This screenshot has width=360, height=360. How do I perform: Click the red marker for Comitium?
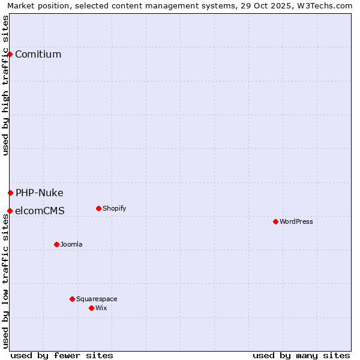[x=10, y=55]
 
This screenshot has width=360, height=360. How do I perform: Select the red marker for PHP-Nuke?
[x=10, y=193]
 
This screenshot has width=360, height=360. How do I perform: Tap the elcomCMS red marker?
[x=10, y=211]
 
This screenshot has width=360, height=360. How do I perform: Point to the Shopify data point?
[x=98, y=209]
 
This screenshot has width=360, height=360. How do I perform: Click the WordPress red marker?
[x=275, y=222]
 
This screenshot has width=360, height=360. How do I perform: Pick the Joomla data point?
[x=56, y=244]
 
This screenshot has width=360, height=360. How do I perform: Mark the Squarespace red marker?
[x=72, y=299]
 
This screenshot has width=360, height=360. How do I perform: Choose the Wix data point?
[x=91, y=308]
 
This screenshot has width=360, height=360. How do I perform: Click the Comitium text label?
[x=38, y=55]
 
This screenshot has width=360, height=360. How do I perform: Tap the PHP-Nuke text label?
[x=39, y=193]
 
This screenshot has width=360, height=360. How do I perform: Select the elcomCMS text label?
[x=40, y=211]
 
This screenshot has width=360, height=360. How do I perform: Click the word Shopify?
[x=114, y=209]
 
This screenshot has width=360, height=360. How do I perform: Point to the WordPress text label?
[x=296, y=222]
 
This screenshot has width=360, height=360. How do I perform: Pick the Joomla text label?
[x=71, y=244]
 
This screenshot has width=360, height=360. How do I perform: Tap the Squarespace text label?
[x=97, y=299]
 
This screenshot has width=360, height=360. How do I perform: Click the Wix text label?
[x=101, y=308]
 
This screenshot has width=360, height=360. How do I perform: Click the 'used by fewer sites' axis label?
[x=62, y=355]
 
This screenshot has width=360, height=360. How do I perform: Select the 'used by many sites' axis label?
[x=301, y=355]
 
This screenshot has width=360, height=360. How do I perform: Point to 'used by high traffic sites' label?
[x=6, y=86]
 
